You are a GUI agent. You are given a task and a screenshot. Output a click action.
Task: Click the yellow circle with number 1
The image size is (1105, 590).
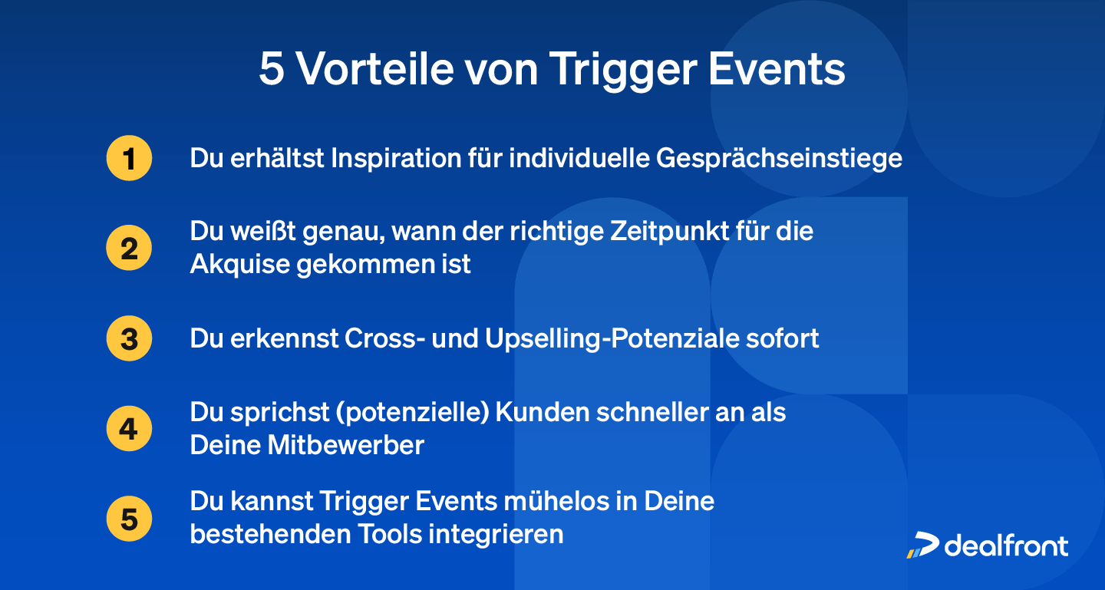click(x=129, y=159)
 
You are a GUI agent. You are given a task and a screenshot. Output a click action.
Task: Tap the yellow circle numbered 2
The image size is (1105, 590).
click(x=129, y=249)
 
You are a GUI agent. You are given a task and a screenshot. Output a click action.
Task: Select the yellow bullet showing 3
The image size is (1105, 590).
click(x=129, y=338)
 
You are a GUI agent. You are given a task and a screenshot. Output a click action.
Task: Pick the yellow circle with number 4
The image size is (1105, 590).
click(x=129, y=429)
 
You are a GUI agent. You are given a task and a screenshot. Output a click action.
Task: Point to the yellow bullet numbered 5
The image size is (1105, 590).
click(x=129, y=519)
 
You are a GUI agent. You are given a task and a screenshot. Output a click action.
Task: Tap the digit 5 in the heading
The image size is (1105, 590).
click(x=272, y=70)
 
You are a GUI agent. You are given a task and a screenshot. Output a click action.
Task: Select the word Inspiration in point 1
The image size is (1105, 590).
click(x=395, y=159)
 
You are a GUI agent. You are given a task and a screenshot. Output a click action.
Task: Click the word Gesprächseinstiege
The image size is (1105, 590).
click(x=779, y=160)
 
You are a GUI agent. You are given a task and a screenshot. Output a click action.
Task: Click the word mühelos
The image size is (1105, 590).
click(x=567, y=501)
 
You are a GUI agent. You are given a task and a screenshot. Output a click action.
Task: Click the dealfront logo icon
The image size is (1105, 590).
click(x=922, y=544)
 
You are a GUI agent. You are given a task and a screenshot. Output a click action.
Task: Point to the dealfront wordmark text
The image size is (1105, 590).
click(x=1006, y=545)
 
